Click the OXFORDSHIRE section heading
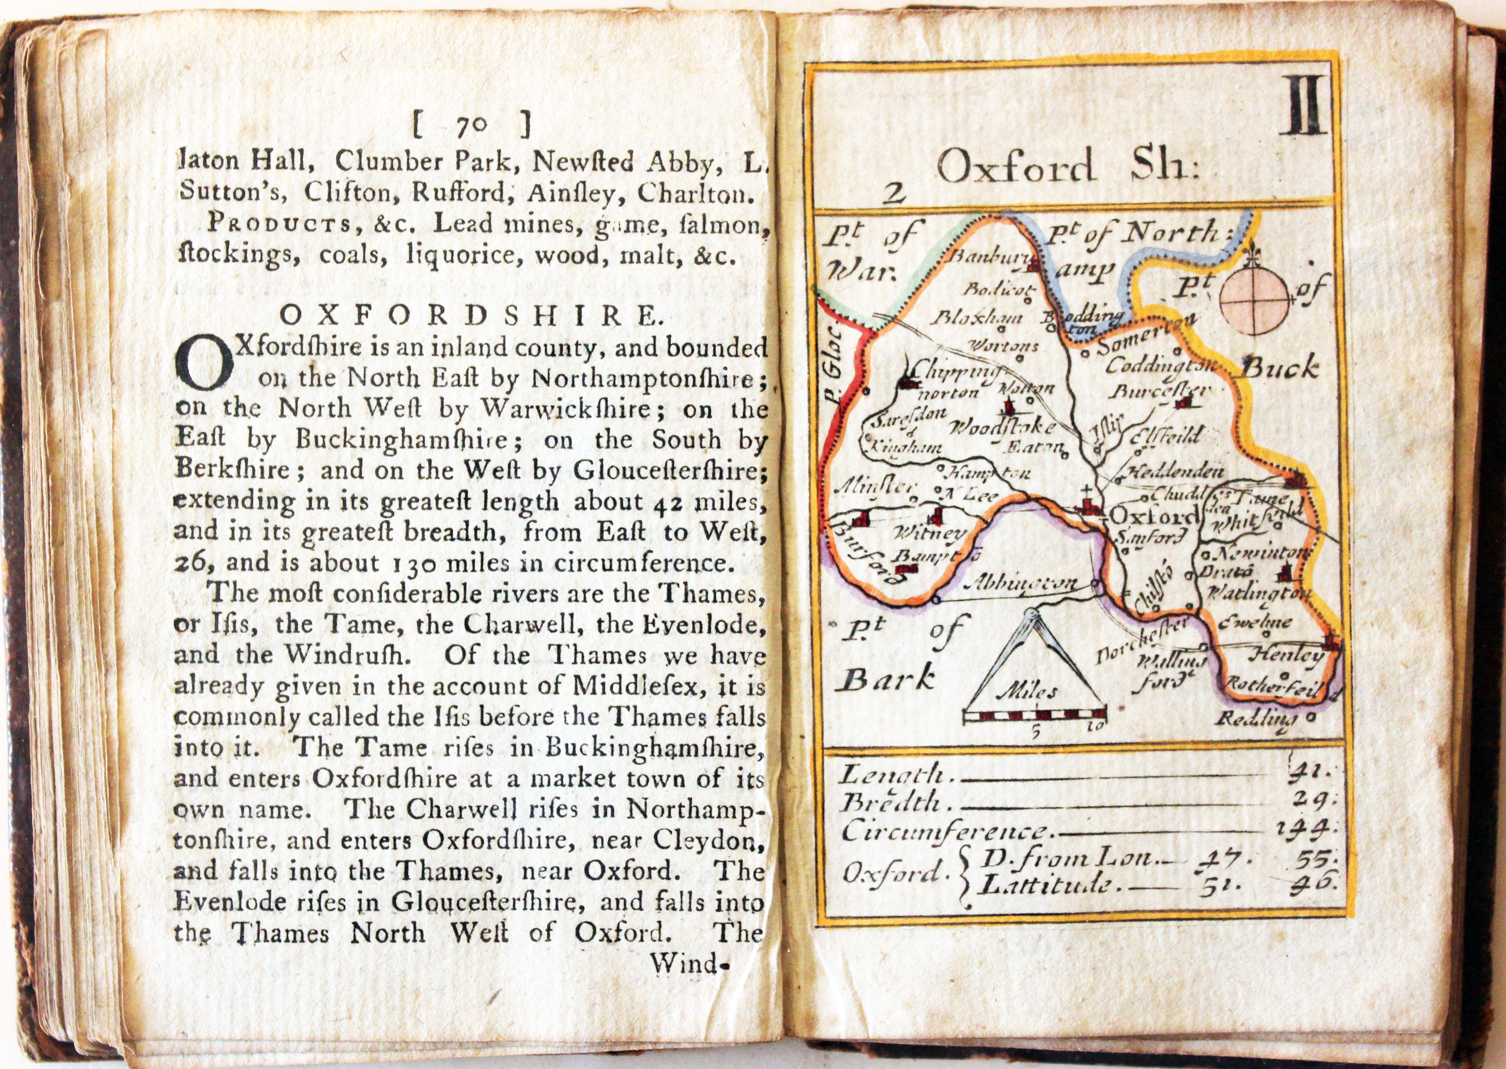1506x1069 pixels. click(x=471, y=317)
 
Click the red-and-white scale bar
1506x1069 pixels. click(x=1034, y=713)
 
